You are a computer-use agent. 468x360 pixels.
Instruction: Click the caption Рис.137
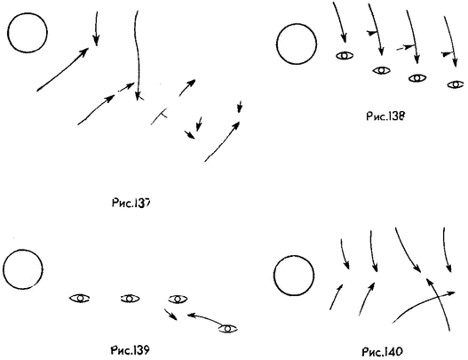click(131, 204)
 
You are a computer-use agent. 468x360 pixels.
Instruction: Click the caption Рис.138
click(385, 116)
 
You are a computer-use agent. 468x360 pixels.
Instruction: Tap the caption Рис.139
click(130, 350)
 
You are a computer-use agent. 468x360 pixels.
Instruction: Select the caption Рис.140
click(382, 352)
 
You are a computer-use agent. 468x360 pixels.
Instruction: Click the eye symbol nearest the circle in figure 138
click(345, 56)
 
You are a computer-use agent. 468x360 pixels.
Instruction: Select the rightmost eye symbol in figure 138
click(456, 84)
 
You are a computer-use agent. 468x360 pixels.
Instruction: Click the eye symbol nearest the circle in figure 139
click(79, 298)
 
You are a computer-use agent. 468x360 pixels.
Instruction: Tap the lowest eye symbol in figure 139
click(227, 329)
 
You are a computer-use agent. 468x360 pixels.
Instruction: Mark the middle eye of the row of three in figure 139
click(130, 298)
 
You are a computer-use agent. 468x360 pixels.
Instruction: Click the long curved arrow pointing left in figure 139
click(206, 317)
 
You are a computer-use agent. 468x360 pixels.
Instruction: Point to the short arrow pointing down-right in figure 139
click(171, 315)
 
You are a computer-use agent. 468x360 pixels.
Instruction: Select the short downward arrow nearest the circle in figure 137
click(96, 28)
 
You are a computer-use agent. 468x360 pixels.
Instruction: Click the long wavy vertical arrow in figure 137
click(137, 55)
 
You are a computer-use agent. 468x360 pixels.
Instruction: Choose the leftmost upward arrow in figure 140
click(337, 297)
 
